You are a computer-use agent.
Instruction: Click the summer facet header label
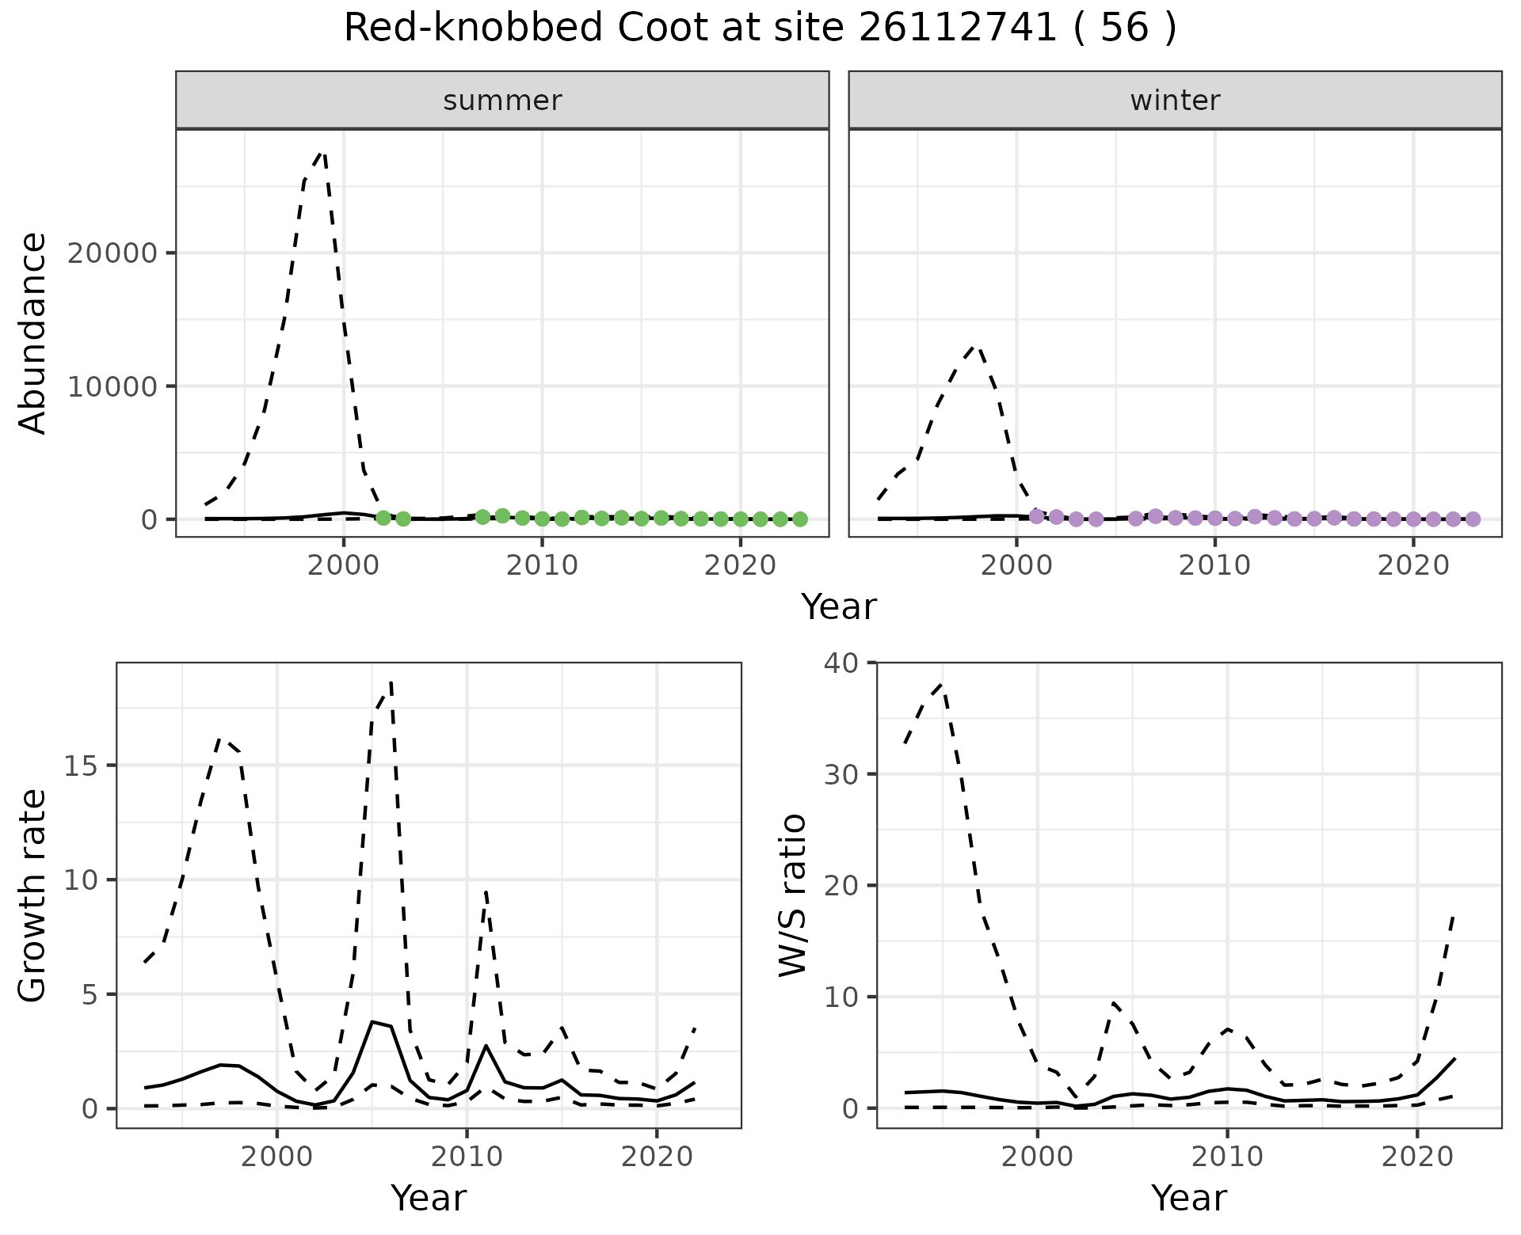click(x=502, y=101)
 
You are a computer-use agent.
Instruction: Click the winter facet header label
click(x=1175, y=101)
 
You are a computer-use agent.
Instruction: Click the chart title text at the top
click(x=760, y=28)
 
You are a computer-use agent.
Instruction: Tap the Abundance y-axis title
click(x=33, y=333)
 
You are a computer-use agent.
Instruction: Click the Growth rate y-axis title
click(x=33, y=895)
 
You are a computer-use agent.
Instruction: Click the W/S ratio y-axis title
click(x=793, y=895)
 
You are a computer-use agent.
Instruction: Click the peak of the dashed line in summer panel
click(x=322, y=151)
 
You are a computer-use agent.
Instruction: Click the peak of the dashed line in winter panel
click(x=977, y=345)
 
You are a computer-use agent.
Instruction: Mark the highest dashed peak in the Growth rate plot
click(x=391, y=682)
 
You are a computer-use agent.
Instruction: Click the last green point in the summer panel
click(x=800, y=519)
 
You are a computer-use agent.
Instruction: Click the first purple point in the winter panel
click(x=1036, y=516)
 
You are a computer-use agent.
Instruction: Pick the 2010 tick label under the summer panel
click(x=542, y=566)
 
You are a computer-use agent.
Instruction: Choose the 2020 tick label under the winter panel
click(x=1413, y=566)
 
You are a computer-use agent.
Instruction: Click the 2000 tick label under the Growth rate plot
click(x=276, y=1157)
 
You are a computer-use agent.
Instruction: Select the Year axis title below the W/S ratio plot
click(x=1188, y=1198)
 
